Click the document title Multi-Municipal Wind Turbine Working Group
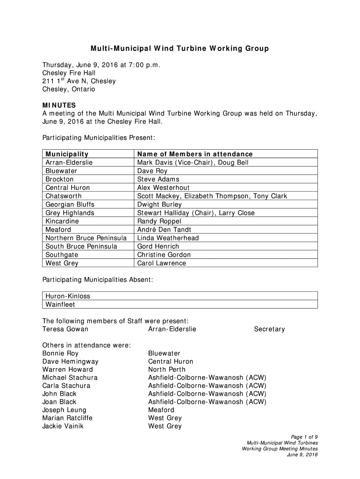point(180,49)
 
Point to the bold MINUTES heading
point(59,105)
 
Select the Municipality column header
point(67,154)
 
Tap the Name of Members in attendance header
point(194,154)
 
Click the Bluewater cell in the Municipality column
point(61,171)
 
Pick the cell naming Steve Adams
point(158,179)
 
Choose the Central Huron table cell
point(67,188)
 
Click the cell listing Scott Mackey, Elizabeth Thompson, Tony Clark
point(212,196)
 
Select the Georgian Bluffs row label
point(70,204)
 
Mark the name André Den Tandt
point(164,230)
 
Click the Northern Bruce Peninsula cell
point(86,238)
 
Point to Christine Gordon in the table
point(164,255)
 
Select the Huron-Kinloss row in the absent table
point(68,296)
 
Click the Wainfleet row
point(60,305)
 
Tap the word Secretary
point(269,329)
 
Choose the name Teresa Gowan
point(65,329)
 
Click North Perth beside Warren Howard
point(166,370)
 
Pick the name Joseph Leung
point(64,410)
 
